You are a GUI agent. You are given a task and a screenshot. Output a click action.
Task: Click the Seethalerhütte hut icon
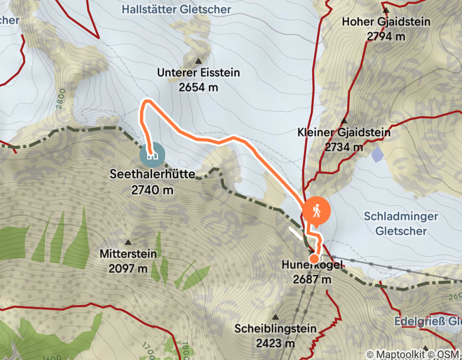click(x=152, y=153)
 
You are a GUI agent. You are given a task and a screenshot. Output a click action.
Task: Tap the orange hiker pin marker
click(x=315, y=211)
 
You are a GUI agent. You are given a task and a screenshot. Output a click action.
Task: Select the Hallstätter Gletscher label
click(x=177, y=9)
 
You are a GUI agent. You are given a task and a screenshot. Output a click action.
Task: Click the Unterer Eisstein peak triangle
click(x=198, y=61)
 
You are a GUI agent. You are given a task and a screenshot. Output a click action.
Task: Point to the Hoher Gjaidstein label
click(x=386, y=22)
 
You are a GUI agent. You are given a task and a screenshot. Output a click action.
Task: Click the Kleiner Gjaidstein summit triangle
click(x=344, y=120)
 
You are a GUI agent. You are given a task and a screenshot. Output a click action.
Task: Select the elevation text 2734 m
click(x=344, y=147)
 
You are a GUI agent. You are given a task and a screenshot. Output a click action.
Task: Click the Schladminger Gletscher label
click(x=401, y=224)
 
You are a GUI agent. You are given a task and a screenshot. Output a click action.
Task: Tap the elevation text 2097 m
click(x=128, y=268)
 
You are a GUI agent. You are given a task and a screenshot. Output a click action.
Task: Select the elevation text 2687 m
click(x=312, y=280)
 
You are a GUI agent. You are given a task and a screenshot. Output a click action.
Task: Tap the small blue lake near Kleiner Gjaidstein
click(x=377, y=153)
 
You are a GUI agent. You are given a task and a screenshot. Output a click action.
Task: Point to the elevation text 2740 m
click(x=152, y=189)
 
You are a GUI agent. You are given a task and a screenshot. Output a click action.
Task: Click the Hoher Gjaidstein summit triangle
click(x=385, y=10)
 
